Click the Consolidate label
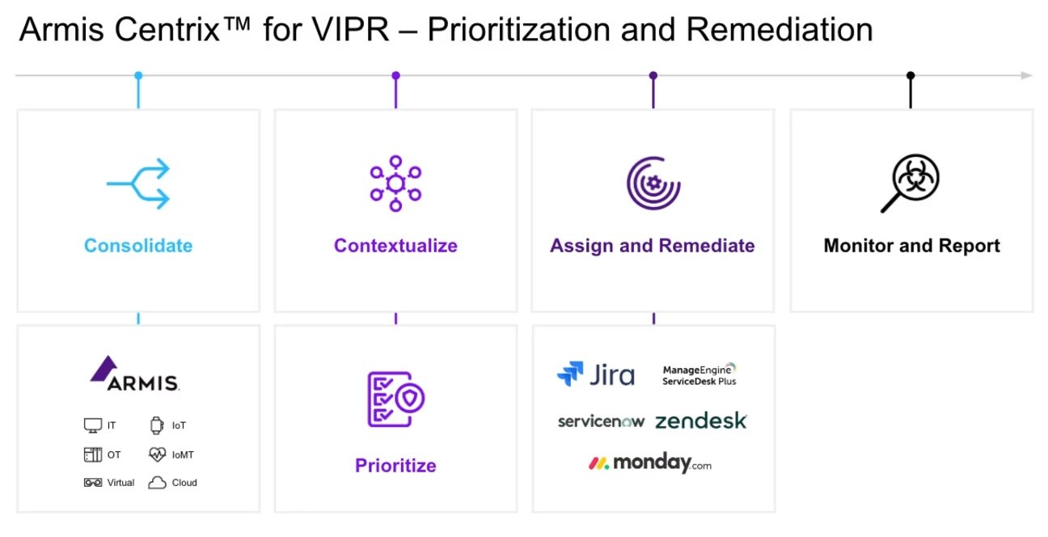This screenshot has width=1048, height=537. [138, 246]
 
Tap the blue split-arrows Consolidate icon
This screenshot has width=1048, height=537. [138, 184]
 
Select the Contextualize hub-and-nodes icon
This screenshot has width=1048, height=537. [395, 184]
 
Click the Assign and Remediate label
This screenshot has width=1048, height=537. [653, 246]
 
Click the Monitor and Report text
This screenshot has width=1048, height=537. [911, 246]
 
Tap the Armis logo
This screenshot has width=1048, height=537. [135, 374]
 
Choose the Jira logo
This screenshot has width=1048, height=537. [596, 374]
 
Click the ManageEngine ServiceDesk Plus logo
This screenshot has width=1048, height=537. [699, 374]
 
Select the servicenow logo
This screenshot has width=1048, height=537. [601, 421]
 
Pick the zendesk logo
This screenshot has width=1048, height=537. [700, 421]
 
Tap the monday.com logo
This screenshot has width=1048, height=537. [650, 463]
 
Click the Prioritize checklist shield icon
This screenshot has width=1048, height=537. [395, 399]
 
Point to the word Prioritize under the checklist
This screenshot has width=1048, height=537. [395, 466]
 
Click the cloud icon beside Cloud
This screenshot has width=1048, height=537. [157, 483]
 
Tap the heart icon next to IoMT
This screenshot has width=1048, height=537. [157, 455]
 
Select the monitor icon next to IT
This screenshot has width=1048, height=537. [93, 425]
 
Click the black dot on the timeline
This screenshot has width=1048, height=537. [911, 75]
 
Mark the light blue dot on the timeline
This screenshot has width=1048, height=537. [138, 75]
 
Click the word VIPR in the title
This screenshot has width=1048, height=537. [350, 29]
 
